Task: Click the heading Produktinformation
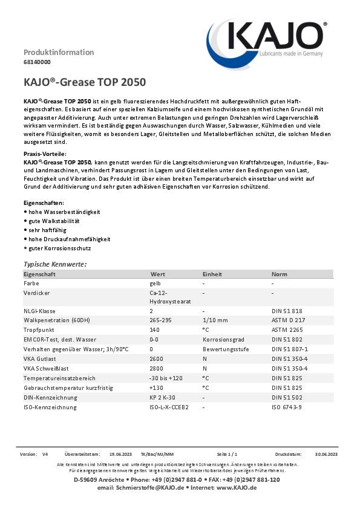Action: (x=59, y=52)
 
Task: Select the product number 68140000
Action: (x=37, y=62)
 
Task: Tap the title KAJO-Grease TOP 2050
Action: (x=84, y=82)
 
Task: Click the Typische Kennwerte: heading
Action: (x=55, y=264)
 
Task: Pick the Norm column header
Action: (x=279, y=274)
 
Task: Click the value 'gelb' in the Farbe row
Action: (x=155, y=283)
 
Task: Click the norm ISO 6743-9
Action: (x=287, y=407)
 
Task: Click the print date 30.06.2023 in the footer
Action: (x=326, y=453)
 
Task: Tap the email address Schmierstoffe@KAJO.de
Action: (x=148, y=487)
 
